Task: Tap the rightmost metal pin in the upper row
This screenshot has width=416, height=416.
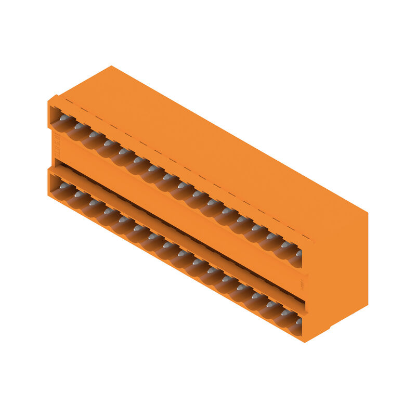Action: [x=298, y=253]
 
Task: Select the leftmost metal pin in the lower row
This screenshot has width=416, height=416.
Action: [x=63, y=185]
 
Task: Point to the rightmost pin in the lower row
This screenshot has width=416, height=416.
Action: [x=298, y=321]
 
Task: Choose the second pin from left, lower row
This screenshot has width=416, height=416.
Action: [x=79, y=193]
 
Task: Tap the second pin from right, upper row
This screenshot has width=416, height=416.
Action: [x=284, y=244]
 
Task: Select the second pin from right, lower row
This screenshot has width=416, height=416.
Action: [x=284, y=313]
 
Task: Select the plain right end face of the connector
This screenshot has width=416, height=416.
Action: [x=338, y=265]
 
